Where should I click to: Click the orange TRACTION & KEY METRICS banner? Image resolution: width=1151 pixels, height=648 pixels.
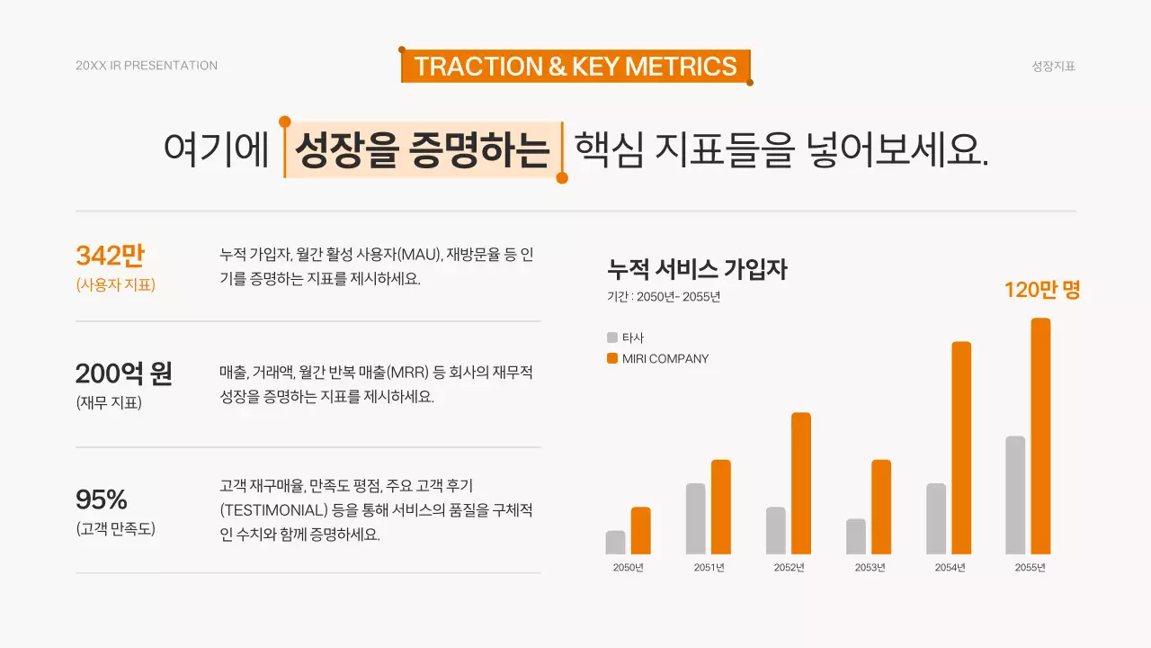pos(575,67)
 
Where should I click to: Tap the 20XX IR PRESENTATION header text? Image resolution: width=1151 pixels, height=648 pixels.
pos(147,66)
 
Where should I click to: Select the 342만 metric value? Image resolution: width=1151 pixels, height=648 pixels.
pos(110,256)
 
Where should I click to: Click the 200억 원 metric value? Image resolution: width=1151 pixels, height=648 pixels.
pos(124,373)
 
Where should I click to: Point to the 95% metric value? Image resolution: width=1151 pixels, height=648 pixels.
pos(102,499)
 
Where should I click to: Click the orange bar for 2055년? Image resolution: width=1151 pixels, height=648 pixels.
pos(1040,436)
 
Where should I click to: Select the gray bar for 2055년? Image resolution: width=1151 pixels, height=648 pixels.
pos(1015,495)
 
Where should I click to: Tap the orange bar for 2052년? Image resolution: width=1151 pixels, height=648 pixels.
pos(801,483)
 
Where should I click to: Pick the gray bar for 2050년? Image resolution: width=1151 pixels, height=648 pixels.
pos(615,543)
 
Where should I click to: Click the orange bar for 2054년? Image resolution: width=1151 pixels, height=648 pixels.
pos(961,448)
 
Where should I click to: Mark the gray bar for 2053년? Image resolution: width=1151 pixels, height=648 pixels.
pos(856,536)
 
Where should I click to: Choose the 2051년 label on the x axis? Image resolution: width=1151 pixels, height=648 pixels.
pos(709,568)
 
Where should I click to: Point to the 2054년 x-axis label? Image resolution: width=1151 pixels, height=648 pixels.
pos(950,568)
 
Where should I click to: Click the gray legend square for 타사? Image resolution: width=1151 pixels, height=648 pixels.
pos(612,338)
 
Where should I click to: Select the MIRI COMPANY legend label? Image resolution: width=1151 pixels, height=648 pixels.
pos(665,359)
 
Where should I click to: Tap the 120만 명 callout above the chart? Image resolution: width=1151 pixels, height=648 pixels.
pos(1042,291)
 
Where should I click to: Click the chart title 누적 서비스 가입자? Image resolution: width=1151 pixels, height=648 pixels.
pos(697,269)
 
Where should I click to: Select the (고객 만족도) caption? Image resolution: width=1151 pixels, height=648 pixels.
pos(116,529)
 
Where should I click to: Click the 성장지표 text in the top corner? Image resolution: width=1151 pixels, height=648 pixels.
pos(1054,66)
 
